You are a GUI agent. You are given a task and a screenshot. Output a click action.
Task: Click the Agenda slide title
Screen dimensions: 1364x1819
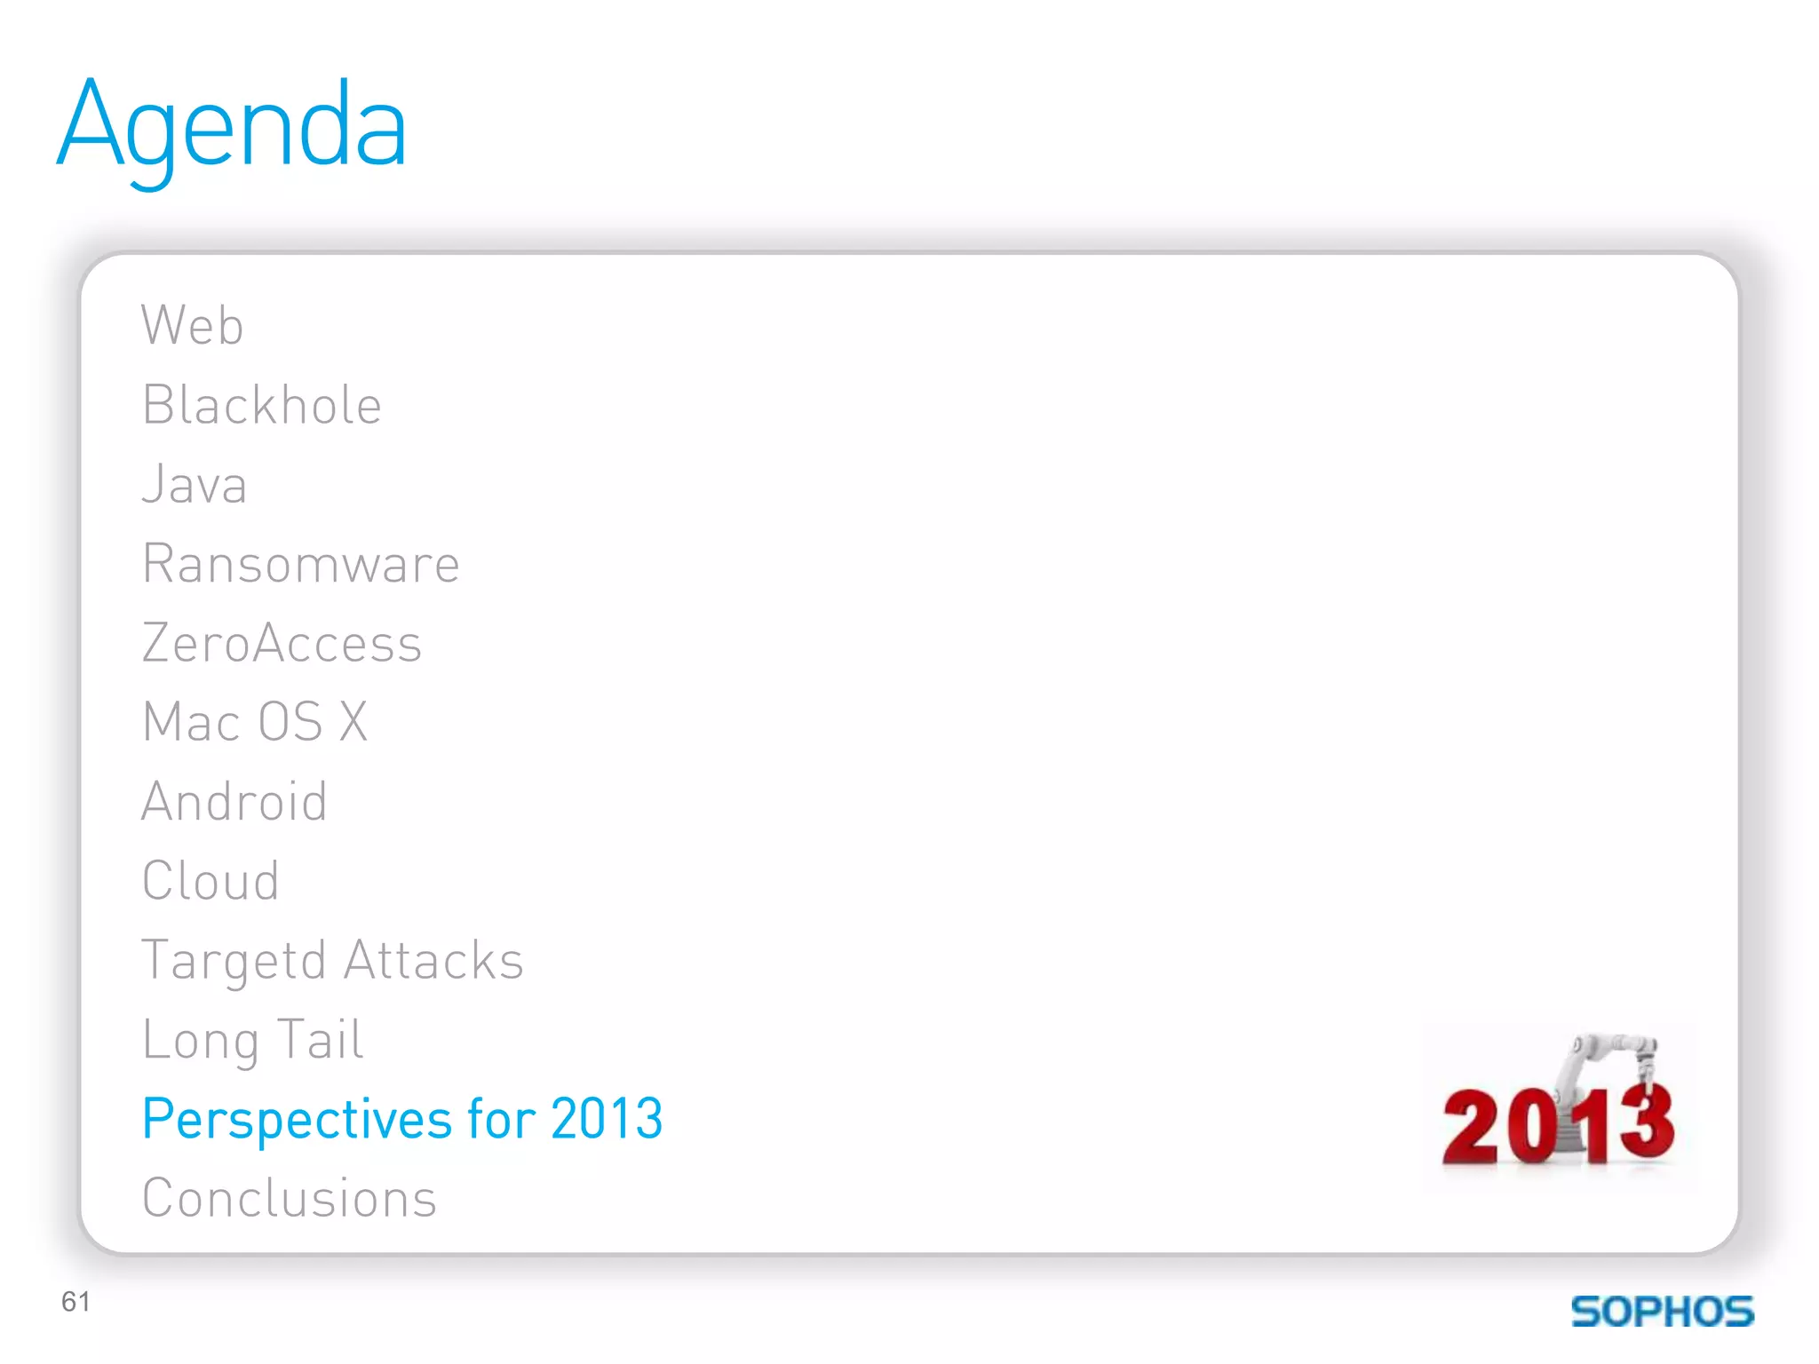point(233,126)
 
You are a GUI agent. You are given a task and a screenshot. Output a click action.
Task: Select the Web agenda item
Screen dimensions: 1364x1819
point(192,325)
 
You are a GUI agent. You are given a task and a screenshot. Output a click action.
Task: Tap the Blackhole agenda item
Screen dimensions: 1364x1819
point(262,405)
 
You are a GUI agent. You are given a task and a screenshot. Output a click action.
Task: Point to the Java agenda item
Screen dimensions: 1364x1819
point(195,485)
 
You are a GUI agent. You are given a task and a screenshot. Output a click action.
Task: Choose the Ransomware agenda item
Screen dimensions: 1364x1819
point(301,564)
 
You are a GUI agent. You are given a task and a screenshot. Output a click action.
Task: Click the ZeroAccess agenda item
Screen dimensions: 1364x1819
point(282,643)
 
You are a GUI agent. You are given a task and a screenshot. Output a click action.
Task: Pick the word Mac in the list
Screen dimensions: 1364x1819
point(191,721)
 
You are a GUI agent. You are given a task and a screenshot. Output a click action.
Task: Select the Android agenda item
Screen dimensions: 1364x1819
point(234,801)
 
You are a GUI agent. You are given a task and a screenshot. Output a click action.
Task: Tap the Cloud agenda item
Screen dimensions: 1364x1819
point(210,881)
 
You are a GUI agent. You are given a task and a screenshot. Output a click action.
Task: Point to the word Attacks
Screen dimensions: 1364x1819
point(433,960)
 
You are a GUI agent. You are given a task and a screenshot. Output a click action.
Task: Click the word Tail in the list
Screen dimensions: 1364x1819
point(320,1039)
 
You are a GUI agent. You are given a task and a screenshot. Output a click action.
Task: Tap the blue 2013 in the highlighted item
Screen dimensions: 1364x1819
point(607,1118)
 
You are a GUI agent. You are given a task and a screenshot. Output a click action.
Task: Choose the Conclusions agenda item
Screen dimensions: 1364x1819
point(290,1198)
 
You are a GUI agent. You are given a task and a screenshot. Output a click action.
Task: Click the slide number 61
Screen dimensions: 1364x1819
point(75,1302)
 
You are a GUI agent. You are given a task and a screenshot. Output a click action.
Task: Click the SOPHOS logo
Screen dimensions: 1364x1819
point(1662,1312)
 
